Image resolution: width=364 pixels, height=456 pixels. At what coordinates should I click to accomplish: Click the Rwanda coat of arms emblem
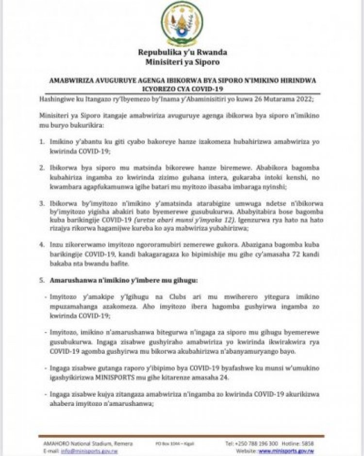pyautogui.click(x=182, y=23)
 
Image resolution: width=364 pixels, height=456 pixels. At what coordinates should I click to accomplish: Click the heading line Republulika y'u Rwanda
pyautogui.click(x=182, y=53)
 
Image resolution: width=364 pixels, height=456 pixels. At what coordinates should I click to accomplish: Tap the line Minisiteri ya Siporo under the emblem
pyautogui.click(x=182, y=62)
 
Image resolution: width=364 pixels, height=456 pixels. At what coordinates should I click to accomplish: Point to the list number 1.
pyautogui.click(x=42, y=141)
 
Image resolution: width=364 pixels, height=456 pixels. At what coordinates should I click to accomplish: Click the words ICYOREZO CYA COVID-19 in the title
pyautogui.click(x=182, y=89)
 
